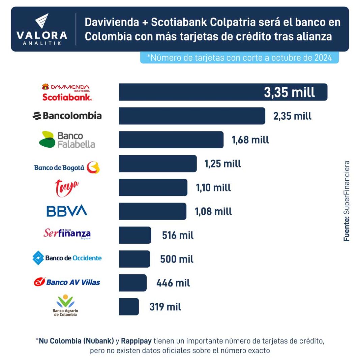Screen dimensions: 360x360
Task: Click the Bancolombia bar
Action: (192, 116)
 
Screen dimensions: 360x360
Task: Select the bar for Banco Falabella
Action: (171, 140)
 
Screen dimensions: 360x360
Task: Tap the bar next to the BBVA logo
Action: (152, 211)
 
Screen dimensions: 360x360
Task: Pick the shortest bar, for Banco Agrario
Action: (129, 307)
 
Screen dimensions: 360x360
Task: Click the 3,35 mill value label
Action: (289, 92)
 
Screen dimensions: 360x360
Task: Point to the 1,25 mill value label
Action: (222, 164)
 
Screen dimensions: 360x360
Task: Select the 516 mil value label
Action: (178, 235)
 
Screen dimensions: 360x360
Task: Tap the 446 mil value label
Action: (173, 283)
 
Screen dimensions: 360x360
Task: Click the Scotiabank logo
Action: (67, 97)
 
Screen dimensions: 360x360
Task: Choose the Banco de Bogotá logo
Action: (67, 168)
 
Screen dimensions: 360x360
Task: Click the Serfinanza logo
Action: (67, 233)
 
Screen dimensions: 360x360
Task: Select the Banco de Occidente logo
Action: (67, 258)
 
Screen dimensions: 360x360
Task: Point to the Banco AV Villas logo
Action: (67, 282)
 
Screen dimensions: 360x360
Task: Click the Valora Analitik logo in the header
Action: (42, 30)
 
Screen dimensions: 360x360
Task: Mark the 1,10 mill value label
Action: (213, 188)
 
